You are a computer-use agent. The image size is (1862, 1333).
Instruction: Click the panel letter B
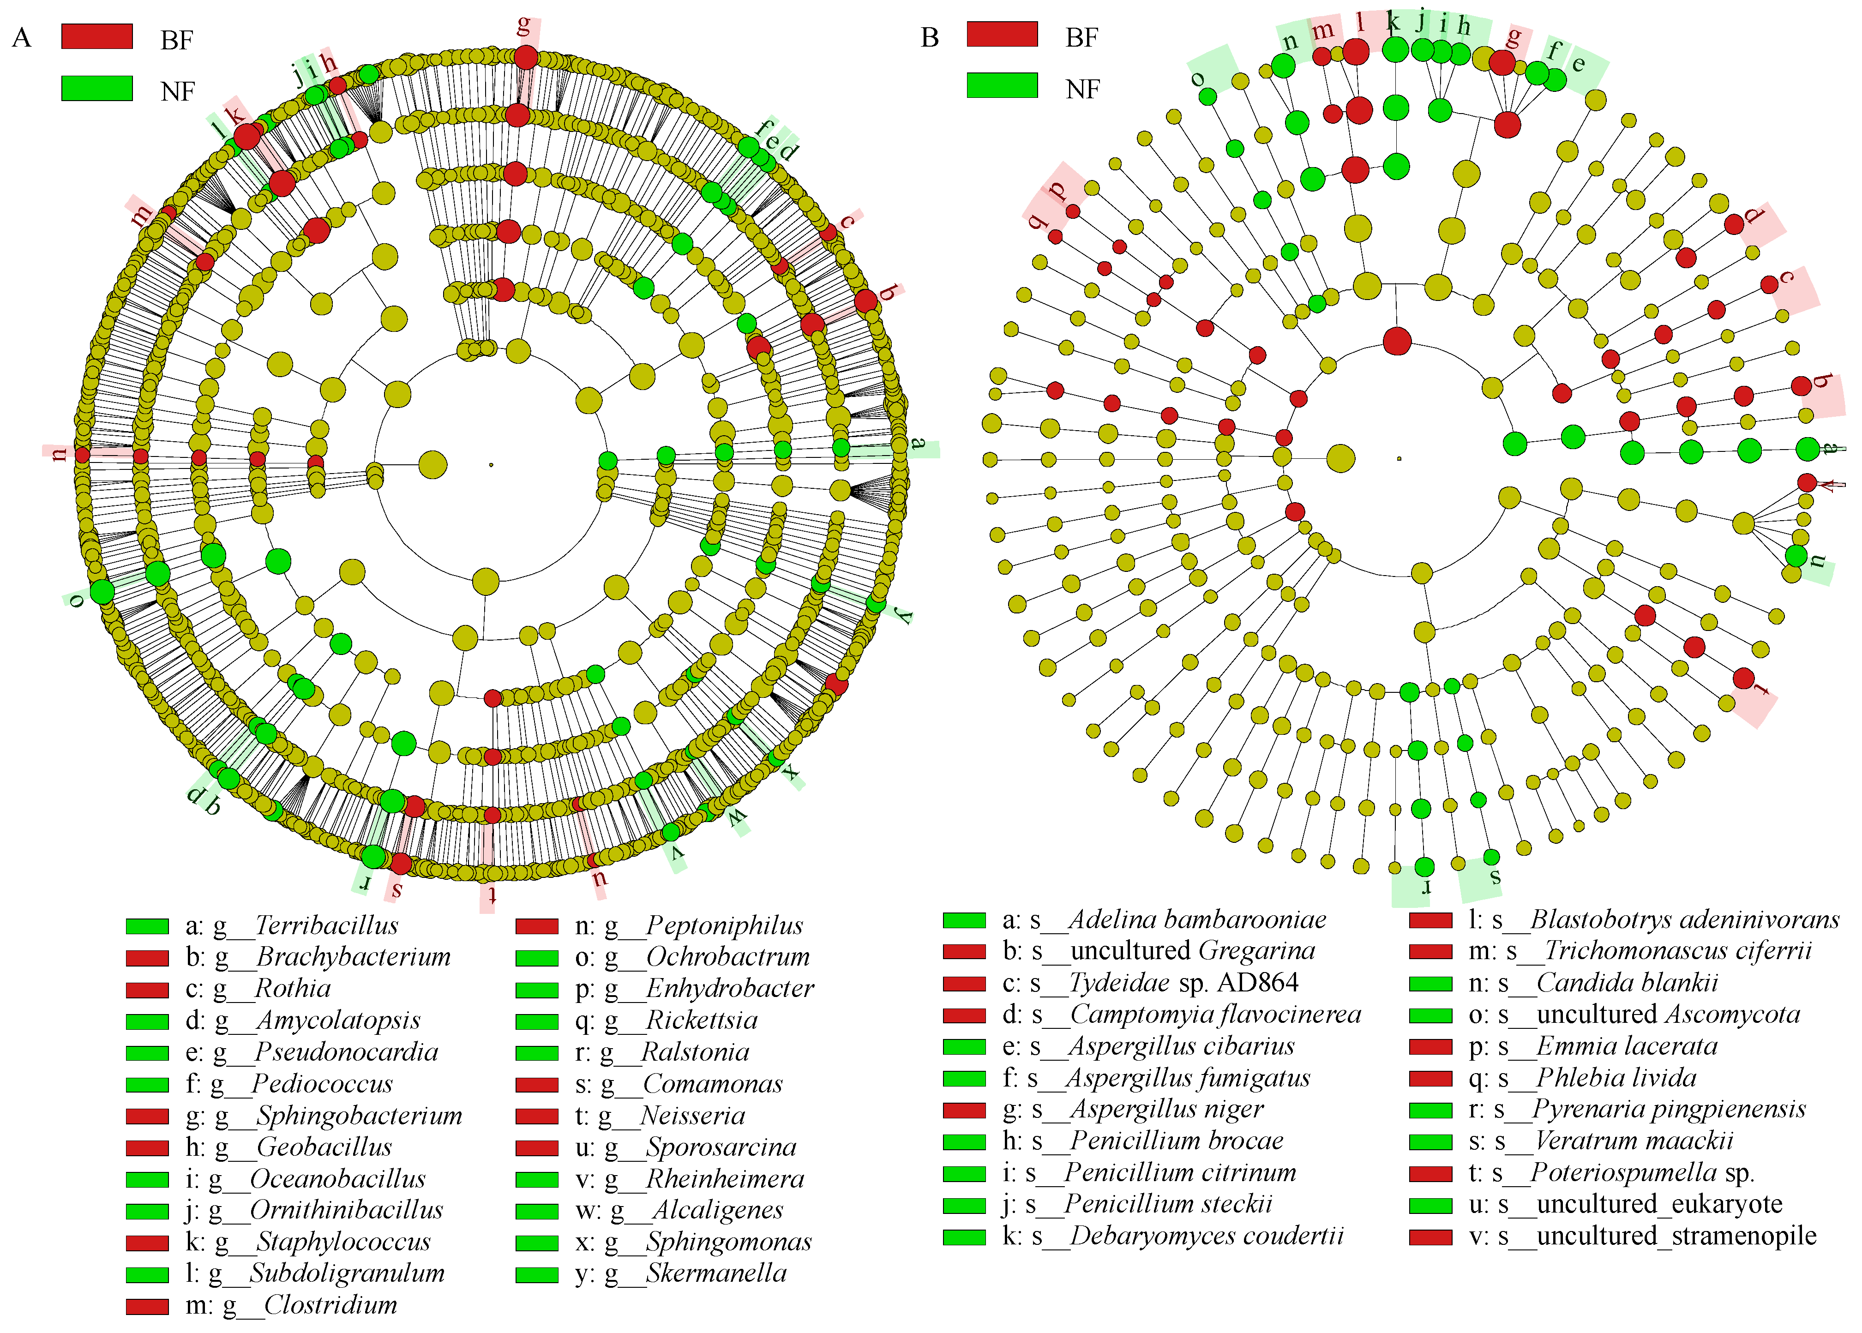point(929,38)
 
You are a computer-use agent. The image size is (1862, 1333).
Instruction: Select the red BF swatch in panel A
point(97,37)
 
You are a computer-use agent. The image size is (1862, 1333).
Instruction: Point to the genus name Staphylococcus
point(343,1242)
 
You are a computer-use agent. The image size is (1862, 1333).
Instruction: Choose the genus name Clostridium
point(330,1305)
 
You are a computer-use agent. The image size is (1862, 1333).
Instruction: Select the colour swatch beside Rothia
point(147,990)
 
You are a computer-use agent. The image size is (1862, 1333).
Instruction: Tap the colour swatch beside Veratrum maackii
point(1430,1142)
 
